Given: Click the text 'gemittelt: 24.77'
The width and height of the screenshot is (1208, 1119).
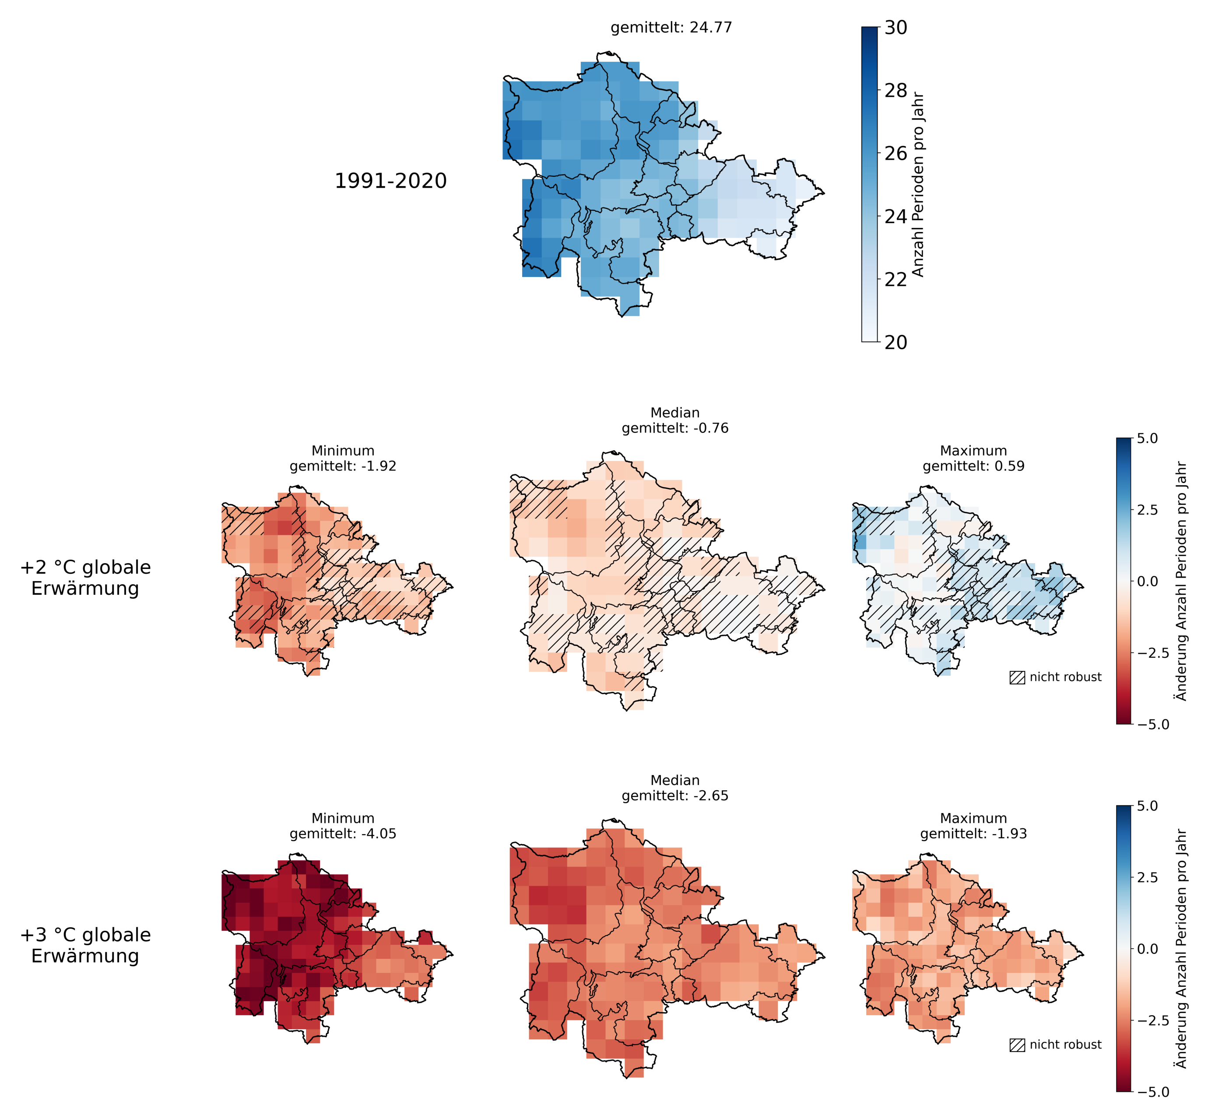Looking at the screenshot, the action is point(671,28).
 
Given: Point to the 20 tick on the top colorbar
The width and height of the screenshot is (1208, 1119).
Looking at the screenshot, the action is point(895,342).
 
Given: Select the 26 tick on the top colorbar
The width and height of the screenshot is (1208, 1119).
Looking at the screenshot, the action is point(895,153).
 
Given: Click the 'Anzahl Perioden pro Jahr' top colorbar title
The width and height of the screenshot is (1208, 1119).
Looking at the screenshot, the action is point(918,185).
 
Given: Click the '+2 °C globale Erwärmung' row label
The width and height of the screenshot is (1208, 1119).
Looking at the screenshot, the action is point(85,578).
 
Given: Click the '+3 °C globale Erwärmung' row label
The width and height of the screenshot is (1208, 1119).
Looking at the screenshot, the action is point(85,945).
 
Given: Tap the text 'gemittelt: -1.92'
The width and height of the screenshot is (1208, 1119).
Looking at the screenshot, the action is point(343,466).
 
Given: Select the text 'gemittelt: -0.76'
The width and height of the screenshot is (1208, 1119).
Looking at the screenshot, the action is point(675,428).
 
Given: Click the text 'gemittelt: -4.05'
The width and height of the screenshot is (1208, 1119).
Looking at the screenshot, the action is point(343,834).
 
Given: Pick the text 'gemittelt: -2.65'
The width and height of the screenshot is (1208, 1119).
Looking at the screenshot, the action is point(675,796).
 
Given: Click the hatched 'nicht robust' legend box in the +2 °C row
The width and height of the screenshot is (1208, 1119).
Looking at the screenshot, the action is point(1017,677).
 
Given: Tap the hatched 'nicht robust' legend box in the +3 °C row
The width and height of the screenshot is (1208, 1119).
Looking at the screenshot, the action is point(1017,1045).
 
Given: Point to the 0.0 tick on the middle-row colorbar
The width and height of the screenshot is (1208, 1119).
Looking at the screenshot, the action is point(1147,581).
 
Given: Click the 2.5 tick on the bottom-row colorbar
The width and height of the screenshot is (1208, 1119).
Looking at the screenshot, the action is point(1147,877).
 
